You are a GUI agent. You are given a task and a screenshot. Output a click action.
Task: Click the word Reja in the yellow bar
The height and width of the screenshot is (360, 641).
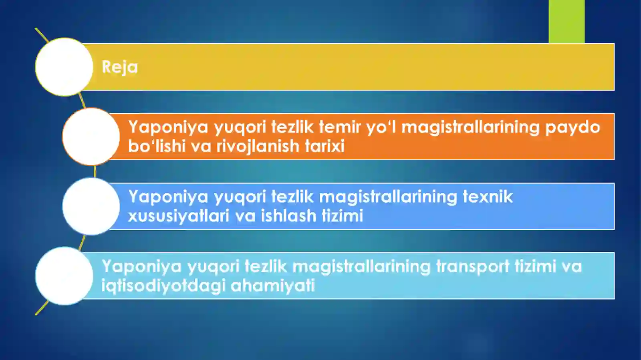[x=119, y=67]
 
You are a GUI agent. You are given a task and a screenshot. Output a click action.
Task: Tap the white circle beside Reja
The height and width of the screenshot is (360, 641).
[x=64, y=67]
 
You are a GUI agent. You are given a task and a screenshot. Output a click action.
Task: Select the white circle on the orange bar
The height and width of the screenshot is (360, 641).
[x=91, y=137]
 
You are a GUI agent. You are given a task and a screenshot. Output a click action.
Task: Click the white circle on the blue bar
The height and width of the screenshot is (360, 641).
[x=91, y=206]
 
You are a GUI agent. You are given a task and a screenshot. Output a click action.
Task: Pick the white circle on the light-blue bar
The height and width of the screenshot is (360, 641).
[x=64, y=276]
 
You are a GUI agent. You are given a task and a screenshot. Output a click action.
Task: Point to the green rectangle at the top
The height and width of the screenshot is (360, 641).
[x=566, y=21]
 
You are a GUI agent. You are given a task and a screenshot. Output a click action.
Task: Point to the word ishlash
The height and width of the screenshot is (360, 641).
[x=288, y=216]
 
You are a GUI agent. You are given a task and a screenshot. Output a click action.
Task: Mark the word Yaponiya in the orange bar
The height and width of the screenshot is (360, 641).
[x=168, y=127]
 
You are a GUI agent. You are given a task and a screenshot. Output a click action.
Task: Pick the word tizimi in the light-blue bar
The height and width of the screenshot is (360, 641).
[x=535, y=266]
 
